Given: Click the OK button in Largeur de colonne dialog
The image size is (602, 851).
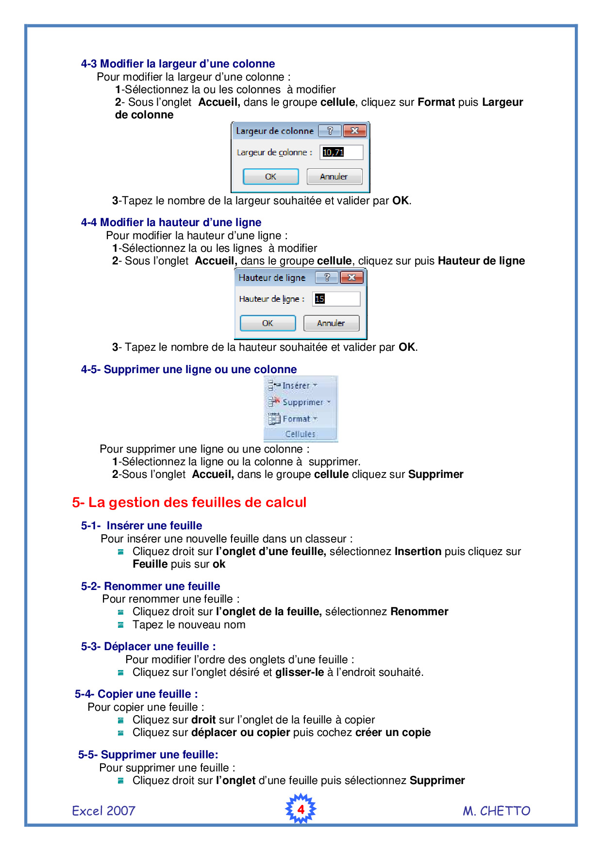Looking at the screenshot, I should coord(270,177).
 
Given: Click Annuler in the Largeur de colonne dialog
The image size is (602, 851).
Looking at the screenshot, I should coord(334,177).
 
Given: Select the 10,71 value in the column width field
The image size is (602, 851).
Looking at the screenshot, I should coord(333,152).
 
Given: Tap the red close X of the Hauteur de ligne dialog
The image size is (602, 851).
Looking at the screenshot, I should coord(352,278).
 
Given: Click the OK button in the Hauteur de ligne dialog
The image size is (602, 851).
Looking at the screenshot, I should coord(268,323).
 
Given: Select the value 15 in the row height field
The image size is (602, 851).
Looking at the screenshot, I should coord(319,299).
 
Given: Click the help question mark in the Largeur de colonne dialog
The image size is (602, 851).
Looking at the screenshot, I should coord(330,131).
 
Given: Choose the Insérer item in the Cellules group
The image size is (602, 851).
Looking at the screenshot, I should coord(296,386).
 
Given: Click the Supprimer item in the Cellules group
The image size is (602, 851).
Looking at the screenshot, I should coord(302,402).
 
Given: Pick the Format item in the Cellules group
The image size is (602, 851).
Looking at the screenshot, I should coord(296,419).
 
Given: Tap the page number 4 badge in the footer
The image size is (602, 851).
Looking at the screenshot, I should coord(301,809).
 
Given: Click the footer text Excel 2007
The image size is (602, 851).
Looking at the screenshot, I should coord(103,811).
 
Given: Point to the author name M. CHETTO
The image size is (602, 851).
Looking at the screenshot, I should coord(496,811).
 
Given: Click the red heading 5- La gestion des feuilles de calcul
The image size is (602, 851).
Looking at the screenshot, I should coord(189,502).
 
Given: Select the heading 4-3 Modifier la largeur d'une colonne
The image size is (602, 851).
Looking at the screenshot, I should coord(178,64).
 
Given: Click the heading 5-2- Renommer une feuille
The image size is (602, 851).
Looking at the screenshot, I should coord(150,586).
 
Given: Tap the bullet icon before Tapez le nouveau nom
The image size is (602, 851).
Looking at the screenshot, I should coord(121,625).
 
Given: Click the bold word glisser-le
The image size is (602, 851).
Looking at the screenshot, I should coord(300,672).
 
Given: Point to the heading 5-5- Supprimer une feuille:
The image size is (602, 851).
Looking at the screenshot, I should coord(148,754).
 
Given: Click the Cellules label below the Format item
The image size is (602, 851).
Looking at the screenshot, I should coord(300,434).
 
